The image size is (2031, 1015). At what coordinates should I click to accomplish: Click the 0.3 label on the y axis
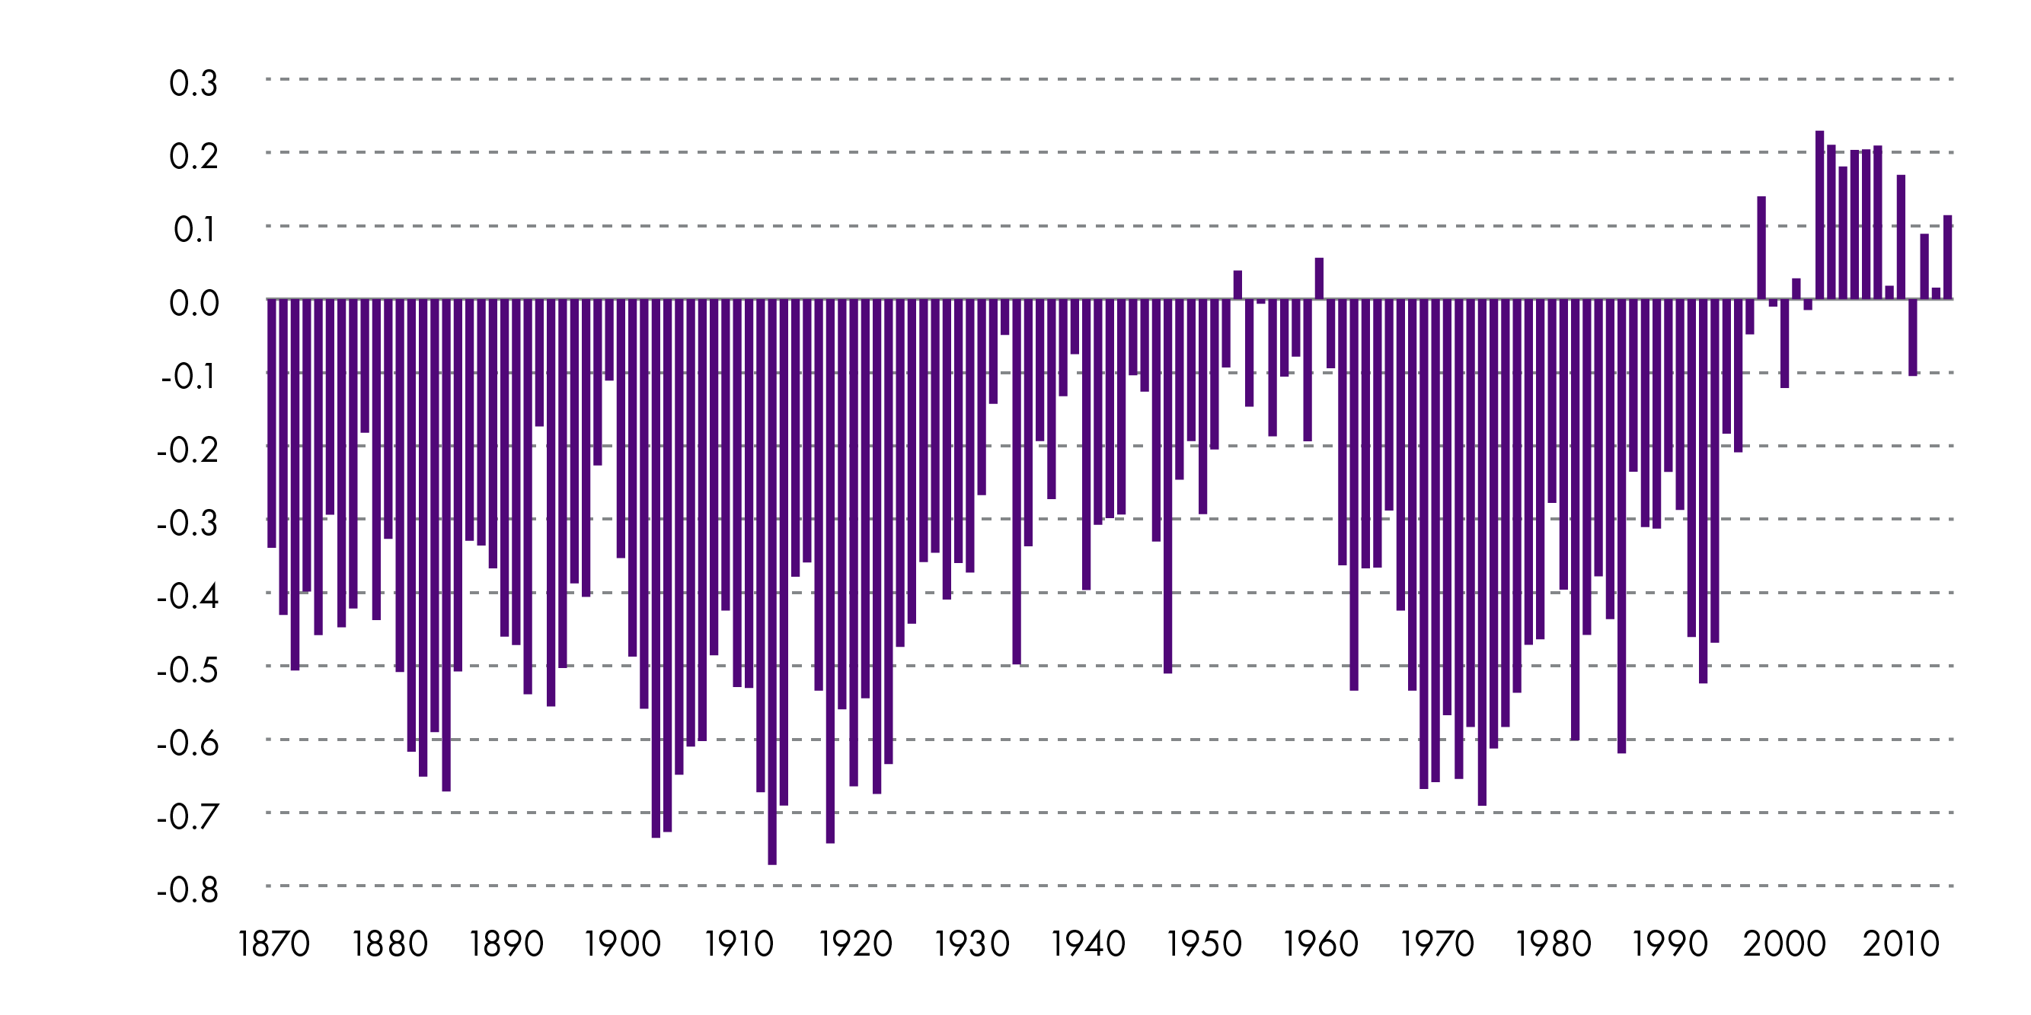click(193, 83)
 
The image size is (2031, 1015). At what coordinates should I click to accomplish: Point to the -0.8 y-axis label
click(187, 889)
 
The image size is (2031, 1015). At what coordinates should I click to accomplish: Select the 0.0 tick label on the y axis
click(193, 303)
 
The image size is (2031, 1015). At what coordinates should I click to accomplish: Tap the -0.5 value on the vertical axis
click(187, 670)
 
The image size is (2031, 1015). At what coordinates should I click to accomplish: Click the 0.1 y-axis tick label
click(194, 229)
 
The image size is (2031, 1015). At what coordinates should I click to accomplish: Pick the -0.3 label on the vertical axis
click(187, 523)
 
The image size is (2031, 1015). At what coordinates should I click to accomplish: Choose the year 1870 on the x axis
click(273, 944)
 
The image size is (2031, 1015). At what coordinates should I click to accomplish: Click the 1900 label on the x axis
click(622, 944)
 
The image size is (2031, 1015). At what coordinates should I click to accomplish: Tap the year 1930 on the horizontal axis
click(972, 944)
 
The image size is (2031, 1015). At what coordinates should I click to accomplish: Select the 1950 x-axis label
click(1204, 944)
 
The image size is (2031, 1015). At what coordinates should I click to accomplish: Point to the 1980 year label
click(1554, 944)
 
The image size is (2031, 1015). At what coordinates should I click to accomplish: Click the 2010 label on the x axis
click(1901, 944)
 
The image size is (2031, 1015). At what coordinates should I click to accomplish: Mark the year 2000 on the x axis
click(1785, 944)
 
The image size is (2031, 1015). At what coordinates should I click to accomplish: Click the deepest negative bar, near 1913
click(772, 583)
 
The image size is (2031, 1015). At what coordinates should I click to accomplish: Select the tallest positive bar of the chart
click(1820, 215)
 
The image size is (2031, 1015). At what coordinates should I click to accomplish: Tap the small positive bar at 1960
click(1319, 278)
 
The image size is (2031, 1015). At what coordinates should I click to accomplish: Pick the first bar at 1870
click(272, 423)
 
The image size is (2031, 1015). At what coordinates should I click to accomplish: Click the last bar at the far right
click(1947, 257)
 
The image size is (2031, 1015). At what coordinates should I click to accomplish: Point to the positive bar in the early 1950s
click(1237, 285)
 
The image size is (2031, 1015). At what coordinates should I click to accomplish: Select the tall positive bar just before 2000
click(1761, 247)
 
